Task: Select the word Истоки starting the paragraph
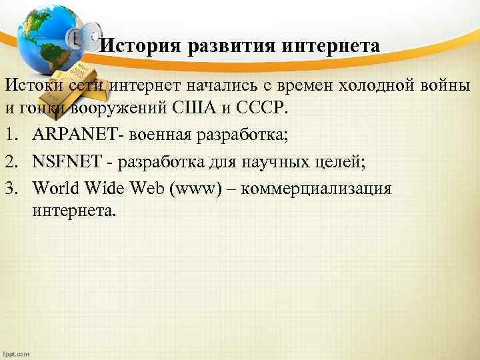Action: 33,86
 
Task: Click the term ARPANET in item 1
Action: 71,137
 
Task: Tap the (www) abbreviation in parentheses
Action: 194,189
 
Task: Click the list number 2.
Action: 10,163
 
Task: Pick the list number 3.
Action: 10,188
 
